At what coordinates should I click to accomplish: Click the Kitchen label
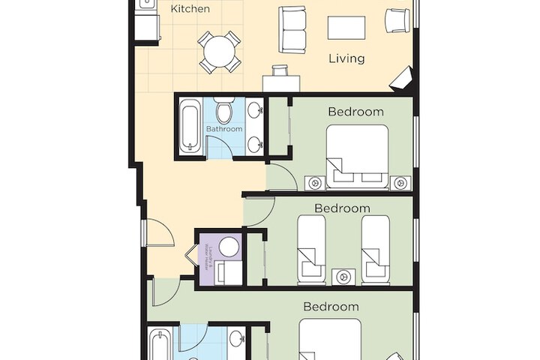tap(190, 9)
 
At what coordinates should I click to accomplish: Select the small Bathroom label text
tap(224, 129)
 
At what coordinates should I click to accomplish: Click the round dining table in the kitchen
tap(219, 51)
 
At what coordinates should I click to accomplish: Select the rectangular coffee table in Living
tap(346, 27)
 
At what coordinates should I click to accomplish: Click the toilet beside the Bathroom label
tap(224, 112)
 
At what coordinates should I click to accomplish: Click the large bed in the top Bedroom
tap(357, 155)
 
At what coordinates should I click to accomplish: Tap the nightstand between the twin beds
tap(344, 276)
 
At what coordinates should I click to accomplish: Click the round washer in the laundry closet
tap(229, 247)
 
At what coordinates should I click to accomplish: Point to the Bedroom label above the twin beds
tap(342, 208)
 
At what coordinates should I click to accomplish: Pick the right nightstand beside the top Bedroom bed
tap(399, 181)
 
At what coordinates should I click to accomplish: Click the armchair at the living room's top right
tap(397, 20)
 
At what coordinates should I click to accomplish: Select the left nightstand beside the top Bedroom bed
tap(314, 181)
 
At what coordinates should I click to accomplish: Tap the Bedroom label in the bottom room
tap(331, 306)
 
